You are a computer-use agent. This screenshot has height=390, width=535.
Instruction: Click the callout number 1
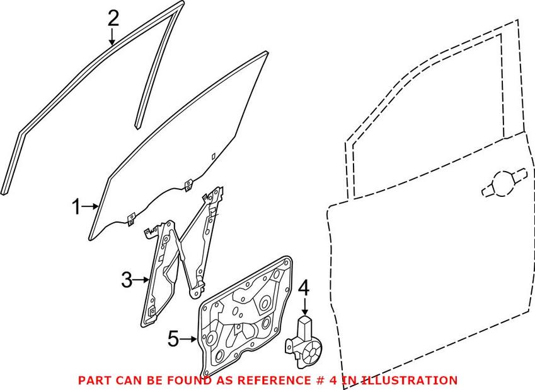click(x=76, y=207)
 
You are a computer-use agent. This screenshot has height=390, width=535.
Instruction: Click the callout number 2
click(x=113, y=18)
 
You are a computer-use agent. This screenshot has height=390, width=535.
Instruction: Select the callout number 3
click(x=127, y=280)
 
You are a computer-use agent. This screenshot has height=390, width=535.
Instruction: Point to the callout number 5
click(x=173, y=339)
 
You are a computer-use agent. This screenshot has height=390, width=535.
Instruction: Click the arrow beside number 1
click(x=90, y=206)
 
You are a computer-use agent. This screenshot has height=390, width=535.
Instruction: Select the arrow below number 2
click(x=112, y=37)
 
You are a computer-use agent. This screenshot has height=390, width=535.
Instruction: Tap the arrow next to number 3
click(x=141, y=280)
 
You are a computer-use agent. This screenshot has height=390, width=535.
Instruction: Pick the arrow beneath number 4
click(x=305, y=306)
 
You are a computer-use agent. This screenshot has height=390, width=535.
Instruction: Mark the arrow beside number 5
click(x=188, y=340)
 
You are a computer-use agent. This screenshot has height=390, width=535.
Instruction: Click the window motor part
click(x=303, y=342)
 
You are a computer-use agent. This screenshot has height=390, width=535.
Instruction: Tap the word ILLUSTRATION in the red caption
click(x=408, y=380)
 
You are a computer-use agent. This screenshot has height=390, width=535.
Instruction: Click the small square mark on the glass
click(x=213, y=157)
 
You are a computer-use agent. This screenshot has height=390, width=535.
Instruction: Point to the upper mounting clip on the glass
click(x=188, y=186)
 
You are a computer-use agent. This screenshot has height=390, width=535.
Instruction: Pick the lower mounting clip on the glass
click(x=131, y=220)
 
